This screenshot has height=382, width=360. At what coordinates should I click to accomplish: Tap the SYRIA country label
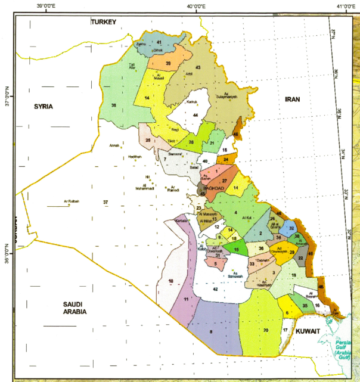pyautogui.click(x=44, y=106)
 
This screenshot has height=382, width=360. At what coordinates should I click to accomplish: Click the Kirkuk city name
pyautogui.click(x=191, y=102)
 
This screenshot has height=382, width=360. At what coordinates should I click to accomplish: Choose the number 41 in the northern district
pyautogui.click(x=160, y=42)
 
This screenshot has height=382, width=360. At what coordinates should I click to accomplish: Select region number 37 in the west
pyautogui.click(x=105, y=203)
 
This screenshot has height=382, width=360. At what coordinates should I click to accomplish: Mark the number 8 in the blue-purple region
pyautogui.click(x=210, y=331)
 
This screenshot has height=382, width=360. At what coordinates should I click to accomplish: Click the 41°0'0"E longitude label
pyautogui.click(x=346, y=7)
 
